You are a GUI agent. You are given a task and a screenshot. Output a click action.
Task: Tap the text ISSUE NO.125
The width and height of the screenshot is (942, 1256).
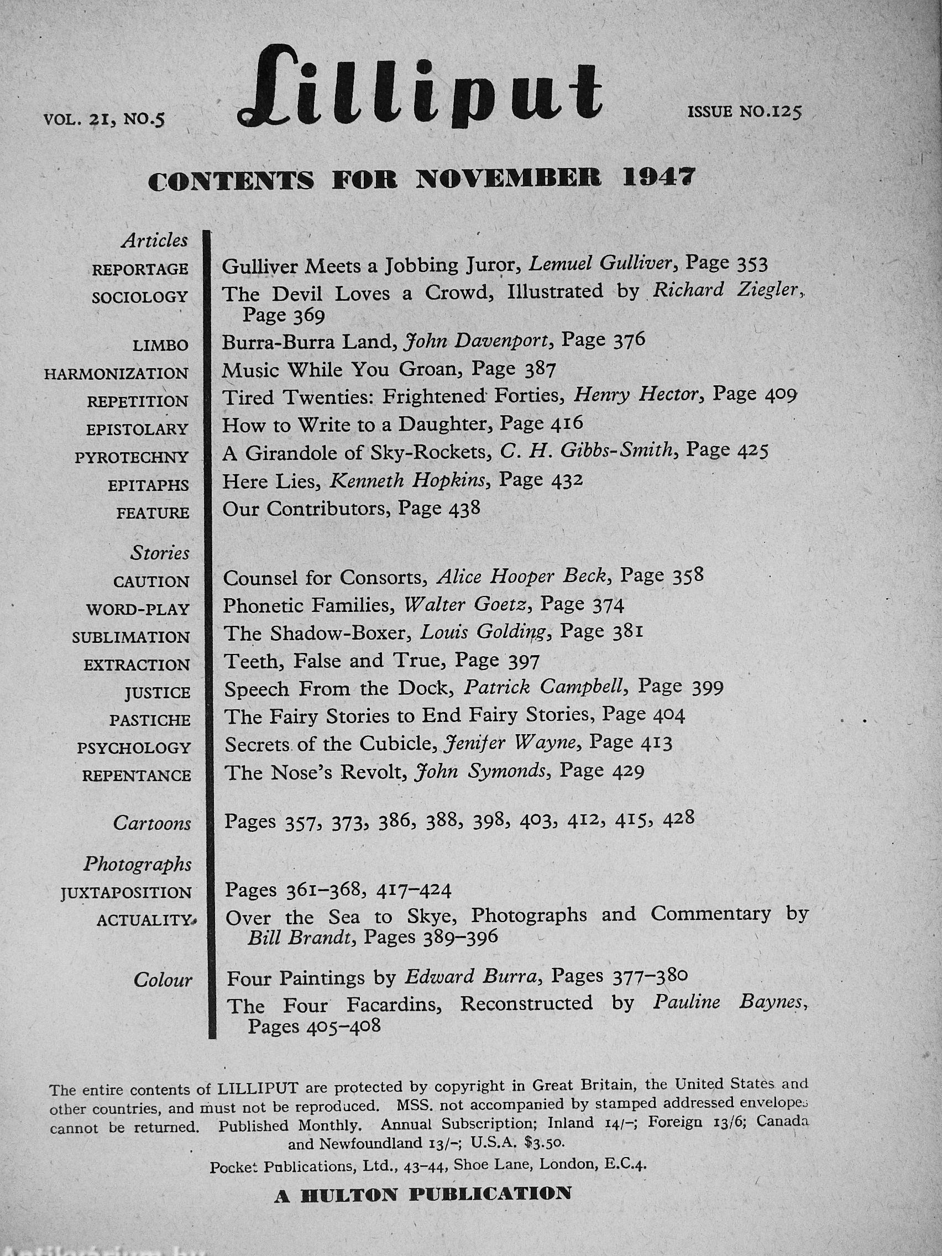click(x=744, y=111)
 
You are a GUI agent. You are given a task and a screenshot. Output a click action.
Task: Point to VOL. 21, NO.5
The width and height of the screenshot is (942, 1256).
click(x=103, y=119)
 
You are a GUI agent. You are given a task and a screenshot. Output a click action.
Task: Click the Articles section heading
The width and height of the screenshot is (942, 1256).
click(x=154, y=241)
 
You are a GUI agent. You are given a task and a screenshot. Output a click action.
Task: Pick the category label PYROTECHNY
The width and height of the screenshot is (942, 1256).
click(x=131, y=457)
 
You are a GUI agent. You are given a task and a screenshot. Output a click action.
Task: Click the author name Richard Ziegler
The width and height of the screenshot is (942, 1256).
click(x=725, y=291)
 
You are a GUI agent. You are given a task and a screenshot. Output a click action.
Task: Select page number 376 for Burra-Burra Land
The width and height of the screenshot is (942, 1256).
click(x=629, y=340)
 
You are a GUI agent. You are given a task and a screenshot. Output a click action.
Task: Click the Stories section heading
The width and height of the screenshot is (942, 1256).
click(x=160, y=553)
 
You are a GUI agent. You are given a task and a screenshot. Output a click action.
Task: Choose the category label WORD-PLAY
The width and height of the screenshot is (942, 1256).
click(x=138, y=609)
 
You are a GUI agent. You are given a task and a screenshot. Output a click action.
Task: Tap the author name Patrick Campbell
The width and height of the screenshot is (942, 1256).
click(x=545, y=687)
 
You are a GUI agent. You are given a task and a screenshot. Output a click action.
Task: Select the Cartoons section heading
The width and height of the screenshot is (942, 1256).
click(x=151, y=823)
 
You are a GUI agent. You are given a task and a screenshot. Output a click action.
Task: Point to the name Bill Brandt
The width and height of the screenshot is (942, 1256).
click(x=297, y=938)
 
